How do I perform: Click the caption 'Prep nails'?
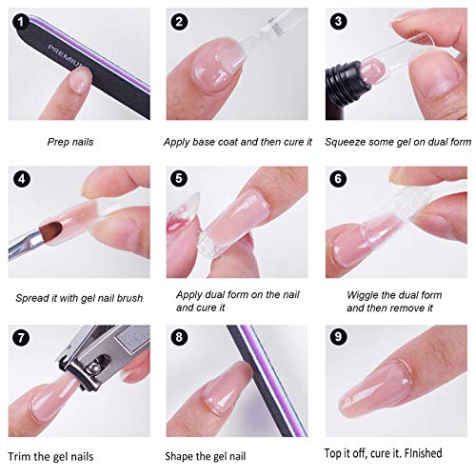pyautogui.click(x=72, y=142)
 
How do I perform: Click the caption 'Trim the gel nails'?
pyautogui.click(x=59, y=455)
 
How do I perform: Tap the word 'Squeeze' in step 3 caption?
pyautogui.click(x=347, y=142)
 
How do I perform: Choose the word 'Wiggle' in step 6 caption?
pyautogui.click(x=364, y=295)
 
